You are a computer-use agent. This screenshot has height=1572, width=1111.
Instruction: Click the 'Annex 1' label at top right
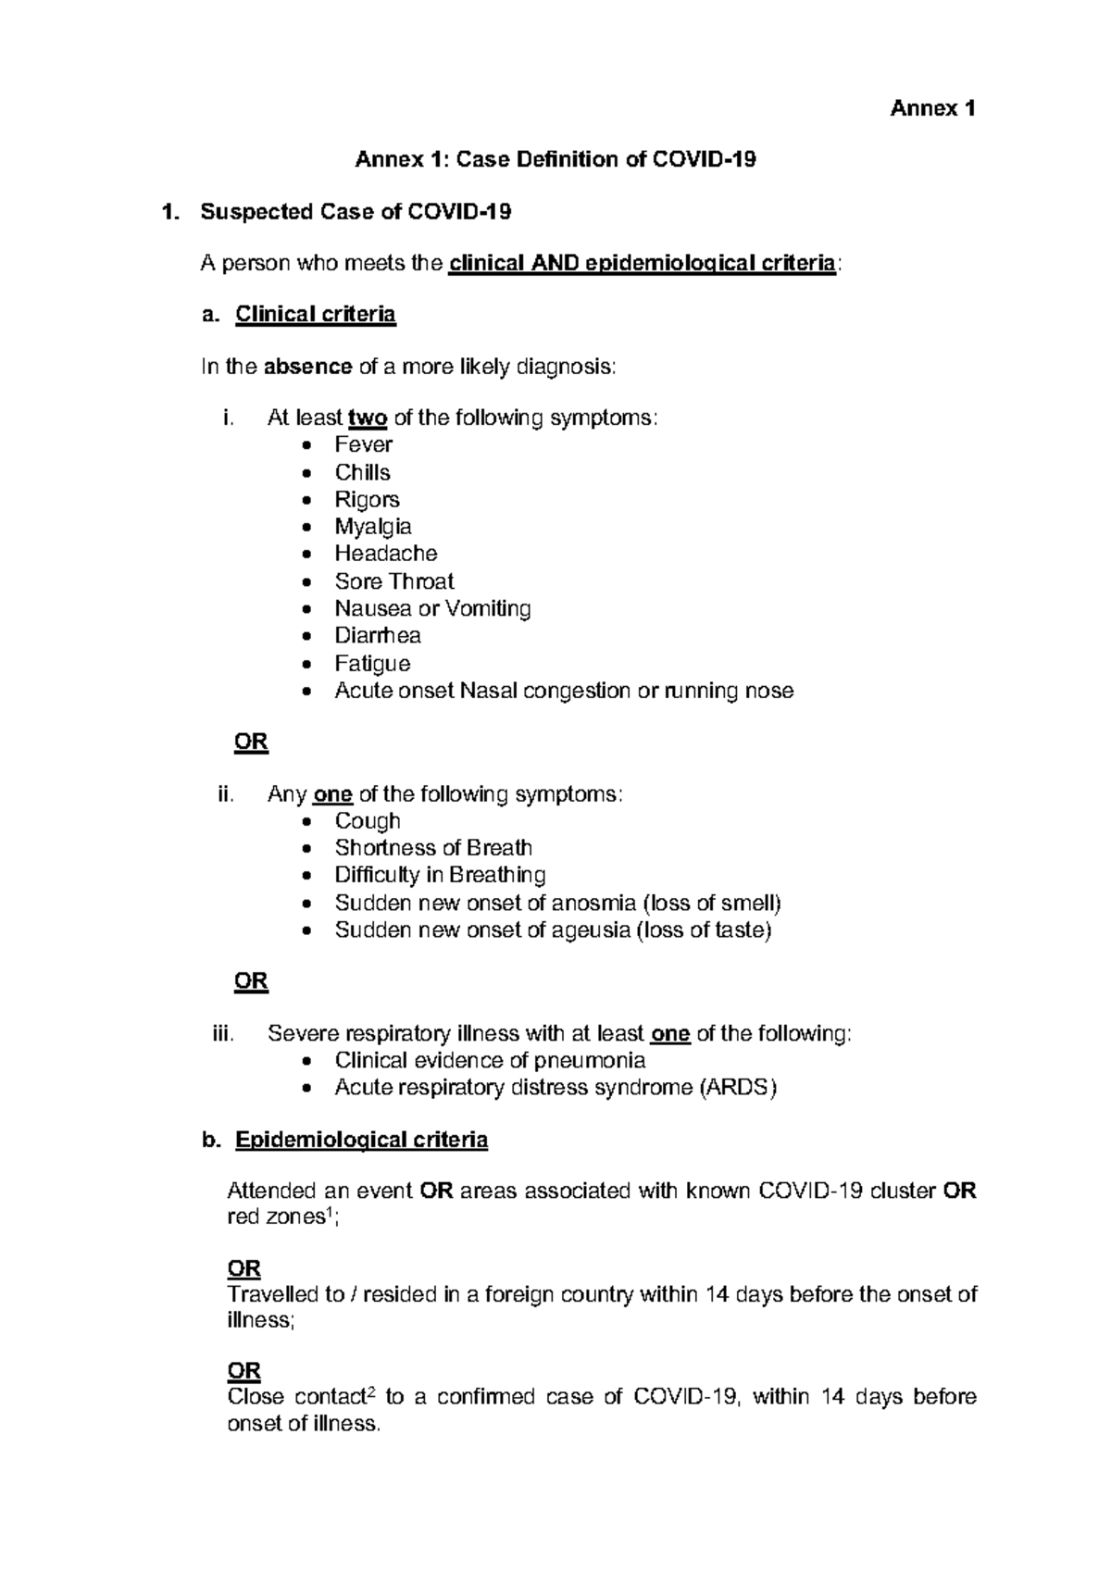tap(932, 109)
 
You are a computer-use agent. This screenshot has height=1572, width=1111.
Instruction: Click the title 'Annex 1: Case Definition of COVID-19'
tap(555, 160)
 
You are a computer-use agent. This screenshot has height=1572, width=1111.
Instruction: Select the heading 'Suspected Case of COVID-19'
tap(356, 212)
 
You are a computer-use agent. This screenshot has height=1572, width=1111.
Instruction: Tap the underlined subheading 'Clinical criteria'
tap(316, 315)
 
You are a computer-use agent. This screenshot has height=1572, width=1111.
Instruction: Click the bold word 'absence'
tap(307, 367)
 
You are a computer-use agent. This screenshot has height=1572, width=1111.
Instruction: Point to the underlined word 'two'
tap(367, 418)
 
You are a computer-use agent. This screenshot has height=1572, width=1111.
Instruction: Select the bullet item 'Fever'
tap(363, 445)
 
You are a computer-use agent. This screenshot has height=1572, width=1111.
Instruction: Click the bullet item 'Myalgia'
tap(373, 527)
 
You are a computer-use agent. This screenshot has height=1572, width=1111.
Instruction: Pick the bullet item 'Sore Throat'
tap(394, 581)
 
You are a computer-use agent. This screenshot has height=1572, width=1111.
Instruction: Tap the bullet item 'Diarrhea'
tap(378, 636)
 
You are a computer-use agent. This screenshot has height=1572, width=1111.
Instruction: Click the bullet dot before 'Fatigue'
tap(307, 665)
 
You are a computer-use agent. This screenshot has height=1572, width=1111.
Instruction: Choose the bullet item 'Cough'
tap(368, 821)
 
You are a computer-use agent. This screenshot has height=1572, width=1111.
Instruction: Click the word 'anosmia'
tap(593, 903)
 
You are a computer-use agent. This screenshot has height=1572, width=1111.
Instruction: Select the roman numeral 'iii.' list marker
tap(224, 1034)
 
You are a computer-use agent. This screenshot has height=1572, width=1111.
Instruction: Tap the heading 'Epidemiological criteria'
tap(361, 1140)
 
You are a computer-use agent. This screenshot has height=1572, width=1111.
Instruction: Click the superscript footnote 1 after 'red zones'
tap(331, 1213)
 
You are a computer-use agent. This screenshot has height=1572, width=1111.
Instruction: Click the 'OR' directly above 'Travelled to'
tap(244, 1268)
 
